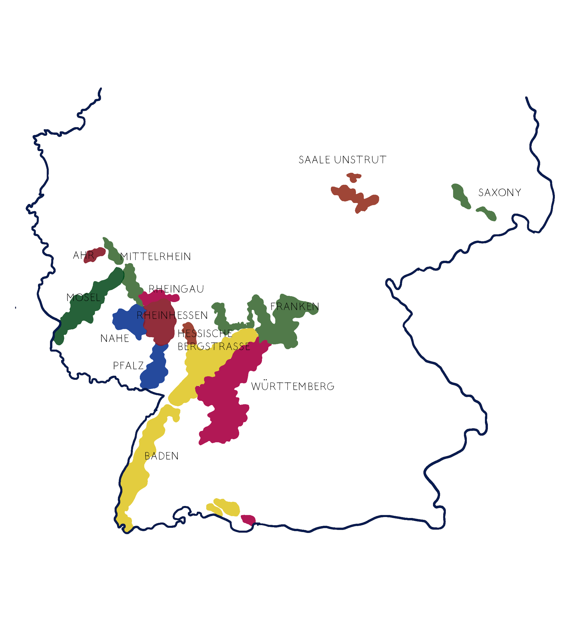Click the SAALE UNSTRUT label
(x=342, y=160)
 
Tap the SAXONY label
(x=500, y=193)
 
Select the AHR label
(x=84, y=255)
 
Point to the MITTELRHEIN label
(x=156, y=257)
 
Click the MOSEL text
(x=84, y=297)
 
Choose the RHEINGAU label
(x=176, y=289)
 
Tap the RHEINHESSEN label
(x=172, y=315)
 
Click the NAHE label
(x=115, y=338)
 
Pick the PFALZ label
(x=128, y=366)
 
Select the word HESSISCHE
(x=205, y=334)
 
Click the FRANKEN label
(x=295, y=307)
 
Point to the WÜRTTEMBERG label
(x=293, y=386)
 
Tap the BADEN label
(x=162, y=456)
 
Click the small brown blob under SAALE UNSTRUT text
(x=354, y=177)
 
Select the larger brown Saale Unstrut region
(x=354, y=196)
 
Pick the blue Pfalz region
(x=155, y=370)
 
